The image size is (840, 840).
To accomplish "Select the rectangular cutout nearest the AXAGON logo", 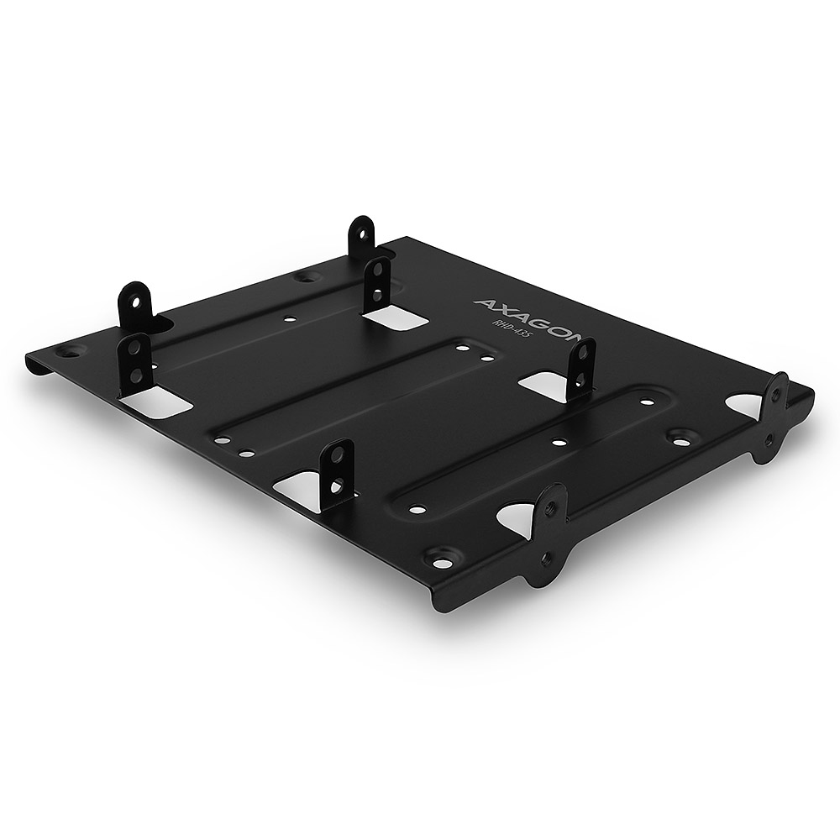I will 393,318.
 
